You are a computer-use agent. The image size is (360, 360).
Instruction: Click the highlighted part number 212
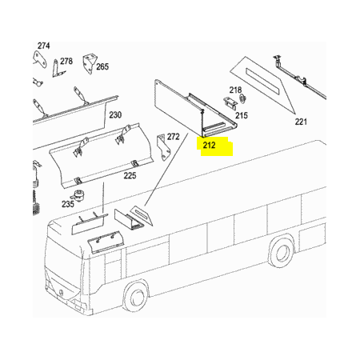(x=209, y=146)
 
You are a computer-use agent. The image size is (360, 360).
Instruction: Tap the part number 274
(x=43, y=46)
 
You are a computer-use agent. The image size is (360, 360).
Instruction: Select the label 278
(x=66, y=62)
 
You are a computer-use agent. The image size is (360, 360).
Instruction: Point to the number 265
(x=102, y=66)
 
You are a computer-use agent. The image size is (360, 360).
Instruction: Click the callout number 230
(x=115, y=115)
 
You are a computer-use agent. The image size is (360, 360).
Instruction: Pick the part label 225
(x=130, y=176)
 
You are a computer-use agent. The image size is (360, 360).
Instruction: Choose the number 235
(x=68, y=204)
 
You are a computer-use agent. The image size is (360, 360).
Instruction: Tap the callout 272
(x=174, y=137)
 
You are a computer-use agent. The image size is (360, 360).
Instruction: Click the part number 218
(x=235, y=90)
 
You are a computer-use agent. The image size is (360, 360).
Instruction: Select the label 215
(x=242, y=115)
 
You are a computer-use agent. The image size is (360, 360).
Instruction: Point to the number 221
(x=301, y=122)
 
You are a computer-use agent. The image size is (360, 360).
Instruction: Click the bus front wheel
(x=136, y=296)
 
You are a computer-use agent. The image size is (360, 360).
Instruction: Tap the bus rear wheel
(x=281, y=251)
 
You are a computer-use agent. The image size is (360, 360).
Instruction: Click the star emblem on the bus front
(x=62, y=293)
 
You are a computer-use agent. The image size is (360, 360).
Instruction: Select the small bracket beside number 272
(x=163, y=147)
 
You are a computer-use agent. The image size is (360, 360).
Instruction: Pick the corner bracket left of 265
(x=89, y=64)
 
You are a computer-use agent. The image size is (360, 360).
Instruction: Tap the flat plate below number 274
(x=40, y=58)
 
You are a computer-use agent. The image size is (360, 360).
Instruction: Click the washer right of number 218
(x=243, y=99)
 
